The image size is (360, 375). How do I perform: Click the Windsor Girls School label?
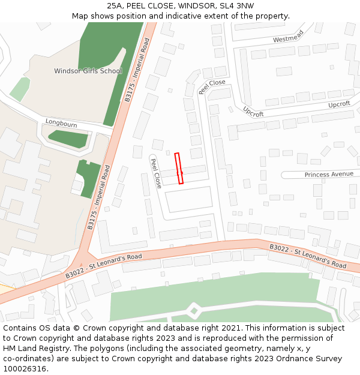point(88,71)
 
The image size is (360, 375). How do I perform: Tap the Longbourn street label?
point(61,124)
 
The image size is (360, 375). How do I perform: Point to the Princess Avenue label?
point(329,174)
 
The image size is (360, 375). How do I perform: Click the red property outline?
point(178,168)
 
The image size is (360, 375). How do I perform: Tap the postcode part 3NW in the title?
point(245,6)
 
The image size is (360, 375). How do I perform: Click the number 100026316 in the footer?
point(25,368)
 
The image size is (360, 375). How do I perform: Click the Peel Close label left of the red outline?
point(155,173)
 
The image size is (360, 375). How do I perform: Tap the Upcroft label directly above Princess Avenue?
point(339,104)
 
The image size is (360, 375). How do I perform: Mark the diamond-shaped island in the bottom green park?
point(194,311)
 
